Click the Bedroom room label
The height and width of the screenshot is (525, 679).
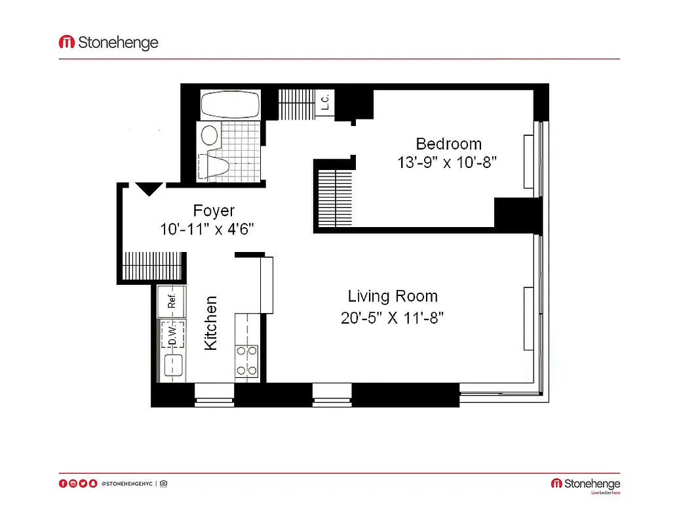pyautogui.click(x=448, y=144)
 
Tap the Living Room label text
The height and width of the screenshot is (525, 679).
pyautogui.click(x=392, y=296)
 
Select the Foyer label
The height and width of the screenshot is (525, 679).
pyautogui.click(x=214, y=211)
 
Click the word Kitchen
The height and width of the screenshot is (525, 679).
pyautogui.click(x=211, y=323)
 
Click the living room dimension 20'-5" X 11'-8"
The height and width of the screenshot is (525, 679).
pyautogui.click(x=392, y=318)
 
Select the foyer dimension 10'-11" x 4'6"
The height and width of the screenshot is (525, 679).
pyautogui.click(x=206, y=230)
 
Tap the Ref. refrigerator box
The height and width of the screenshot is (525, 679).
pyautogui.click(x=172, y=301)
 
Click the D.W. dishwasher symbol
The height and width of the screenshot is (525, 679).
pyautogui.click(x=172, y=334)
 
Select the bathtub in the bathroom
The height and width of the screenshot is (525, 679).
pyautogui.click(x=230, y=104)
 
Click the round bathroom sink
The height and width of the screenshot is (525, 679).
pyautogui.click(x=209, y=135)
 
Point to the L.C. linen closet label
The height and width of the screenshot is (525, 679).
pyautogui.click(x=324, y=102)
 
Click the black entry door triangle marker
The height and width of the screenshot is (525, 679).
pyautogui.click(x=149, y=189)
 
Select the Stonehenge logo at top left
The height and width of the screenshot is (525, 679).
pyautogui.click(x=109, y=43)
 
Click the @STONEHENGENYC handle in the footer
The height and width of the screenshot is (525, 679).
pyautogui.click(x=126, y=484)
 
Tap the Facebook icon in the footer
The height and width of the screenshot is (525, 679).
pyautogui.click(x=63, y=484)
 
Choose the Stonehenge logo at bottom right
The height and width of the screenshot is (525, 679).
pyautogui.click(x=585, y=484)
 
